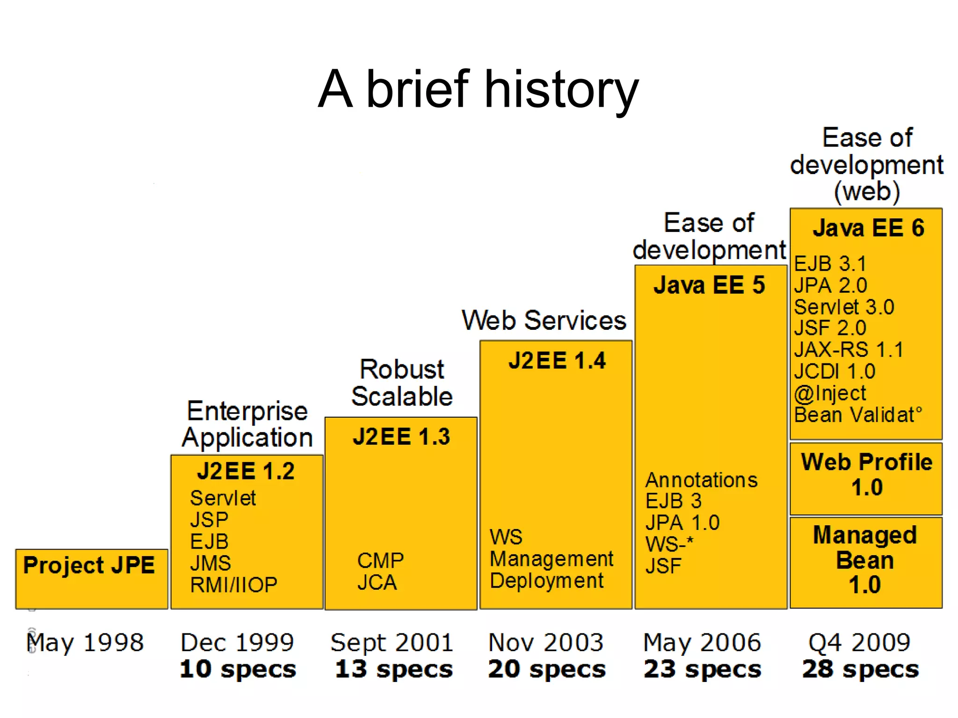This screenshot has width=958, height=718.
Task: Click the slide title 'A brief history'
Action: coord(478,89)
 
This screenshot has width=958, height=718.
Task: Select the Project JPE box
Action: coord(91,578)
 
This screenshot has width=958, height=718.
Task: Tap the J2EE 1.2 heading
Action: coord(246,471)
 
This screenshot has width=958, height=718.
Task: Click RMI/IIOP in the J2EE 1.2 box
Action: coord(233,585)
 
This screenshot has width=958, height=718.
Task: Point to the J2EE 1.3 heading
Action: coord(401,436)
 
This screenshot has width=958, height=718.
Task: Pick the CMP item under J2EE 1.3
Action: coord(380,560)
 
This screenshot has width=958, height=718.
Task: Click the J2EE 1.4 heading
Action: coord(557,361)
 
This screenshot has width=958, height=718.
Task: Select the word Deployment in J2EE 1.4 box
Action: coord(546,581)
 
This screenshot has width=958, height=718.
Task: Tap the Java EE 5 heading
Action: coord(709,285)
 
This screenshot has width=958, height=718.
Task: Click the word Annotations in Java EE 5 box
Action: coord(701,480)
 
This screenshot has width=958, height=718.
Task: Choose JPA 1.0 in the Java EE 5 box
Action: coord(682,522)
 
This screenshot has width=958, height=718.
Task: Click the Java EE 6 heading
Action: coord(868,228)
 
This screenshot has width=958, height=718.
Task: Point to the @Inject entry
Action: coord(830,393)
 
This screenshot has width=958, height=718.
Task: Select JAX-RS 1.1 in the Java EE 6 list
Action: coord(849,349)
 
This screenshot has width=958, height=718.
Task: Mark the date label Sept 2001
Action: coord(392,642)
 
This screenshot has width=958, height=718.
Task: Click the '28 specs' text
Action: coord(860,669)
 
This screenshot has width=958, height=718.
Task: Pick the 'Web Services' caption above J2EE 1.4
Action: coord(544,320)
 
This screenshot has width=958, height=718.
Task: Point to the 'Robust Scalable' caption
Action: coord(402,383)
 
